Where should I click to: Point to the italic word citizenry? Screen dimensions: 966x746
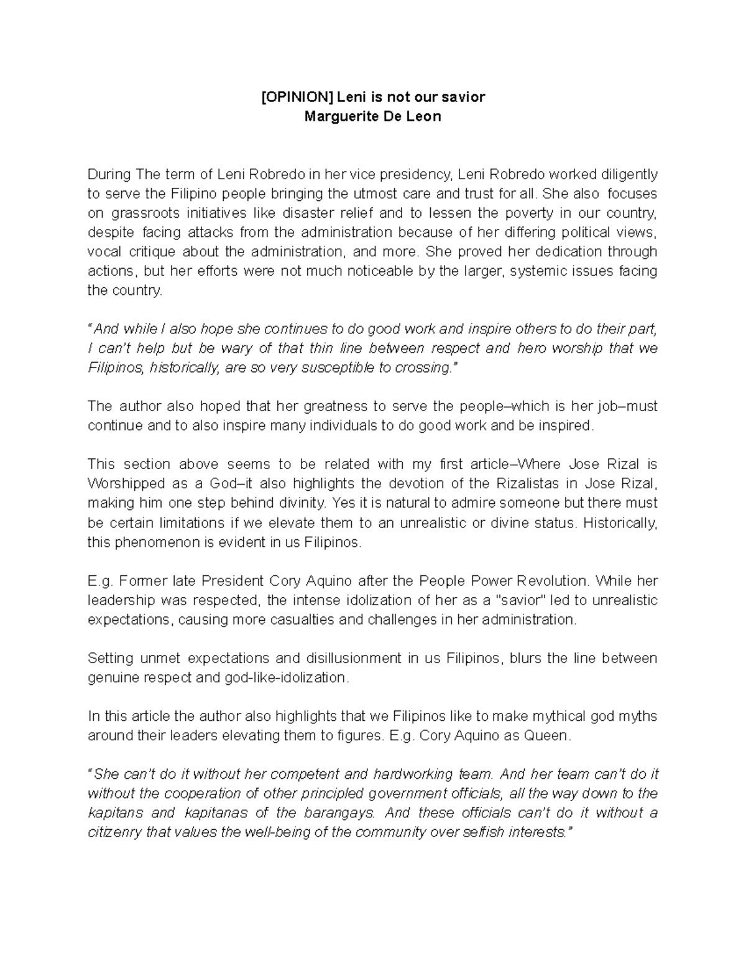coord(114,832)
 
